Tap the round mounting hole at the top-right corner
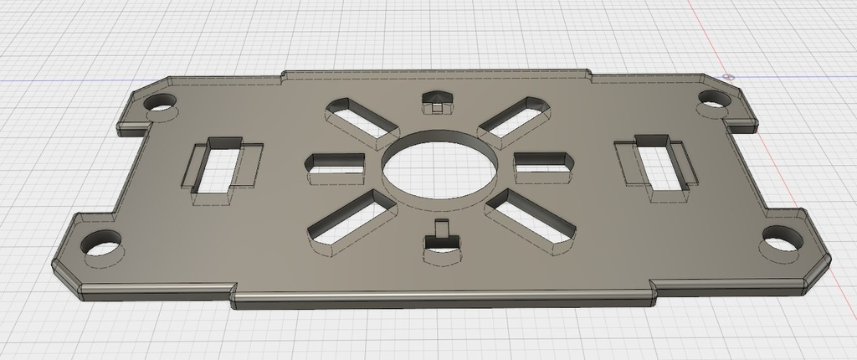tap(712, 100)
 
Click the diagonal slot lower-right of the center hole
tap(531, 220)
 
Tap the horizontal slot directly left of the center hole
tap(337, 167)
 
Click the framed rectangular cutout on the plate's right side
tap(658, 166)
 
